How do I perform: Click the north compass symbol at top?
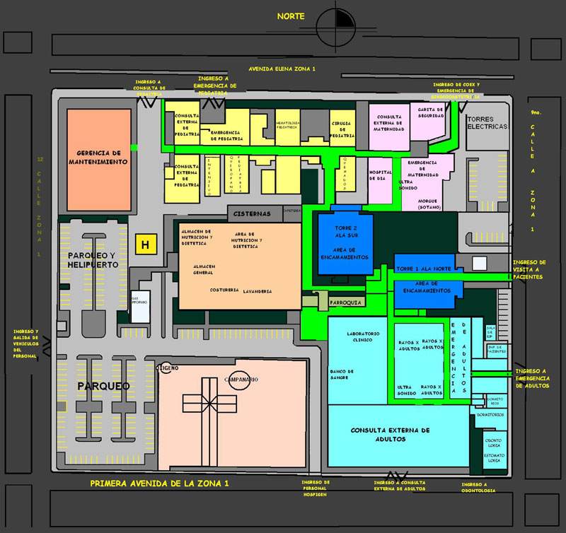click(337, 27)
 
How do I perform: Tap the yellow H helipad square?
click(146, 245)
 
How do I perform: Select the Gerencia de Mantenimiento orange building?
click(99, 158)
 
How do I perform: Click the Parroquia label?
click(346, 303)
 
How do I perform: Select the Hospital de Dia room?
click(381, 176)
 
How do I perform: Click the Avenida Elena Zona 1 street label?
click(282, 69)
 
